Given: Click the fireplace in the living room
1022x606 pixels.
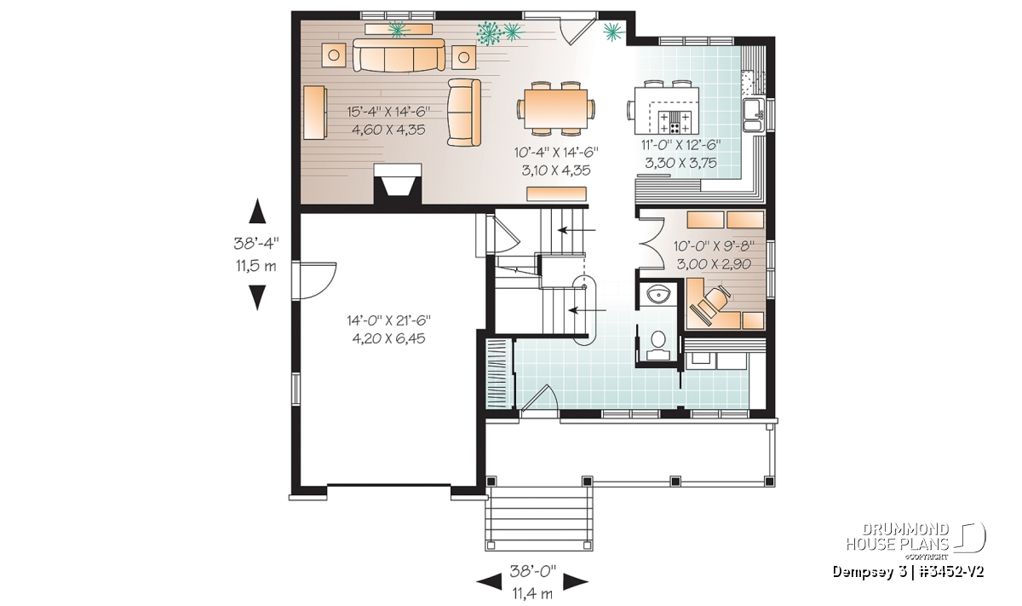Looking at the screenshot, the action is [398, 183].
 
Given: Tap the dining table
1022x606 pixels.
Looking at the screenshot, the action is [555, 109].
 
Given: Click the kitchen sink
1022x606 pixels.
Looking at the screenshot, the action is [753, 114].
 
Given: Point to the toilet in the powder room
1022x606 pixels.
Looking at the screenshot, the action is [657, 347].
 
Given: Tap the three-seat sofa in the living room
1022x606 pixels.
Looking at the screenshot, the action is [399, 55].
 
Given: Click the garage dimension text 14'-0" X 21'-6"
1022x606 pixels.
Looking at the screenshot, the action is [388, 320].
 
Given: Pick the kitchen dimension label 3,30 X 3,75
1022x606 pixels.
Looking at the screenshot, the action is [680, 163].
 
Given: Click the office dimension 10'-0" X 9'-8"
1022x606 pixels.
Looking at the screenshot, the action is [714, 246].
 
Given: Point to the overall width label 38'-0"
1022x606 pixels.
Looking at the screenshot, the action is [532, 570].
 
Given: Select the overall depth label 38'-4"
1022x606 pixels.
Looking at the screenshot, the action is [256, 244].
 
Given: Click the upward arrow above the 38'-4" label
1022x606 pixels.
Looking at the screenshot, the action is [257, 211].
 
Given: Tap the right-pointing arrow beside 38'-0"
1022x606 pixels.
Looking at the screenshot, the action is [576, 582].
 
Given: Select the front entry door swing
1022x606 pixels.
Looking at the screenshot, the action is [539, 399].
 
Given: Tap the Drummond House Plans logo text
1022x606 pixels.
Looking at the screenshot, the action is [898, 537].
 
